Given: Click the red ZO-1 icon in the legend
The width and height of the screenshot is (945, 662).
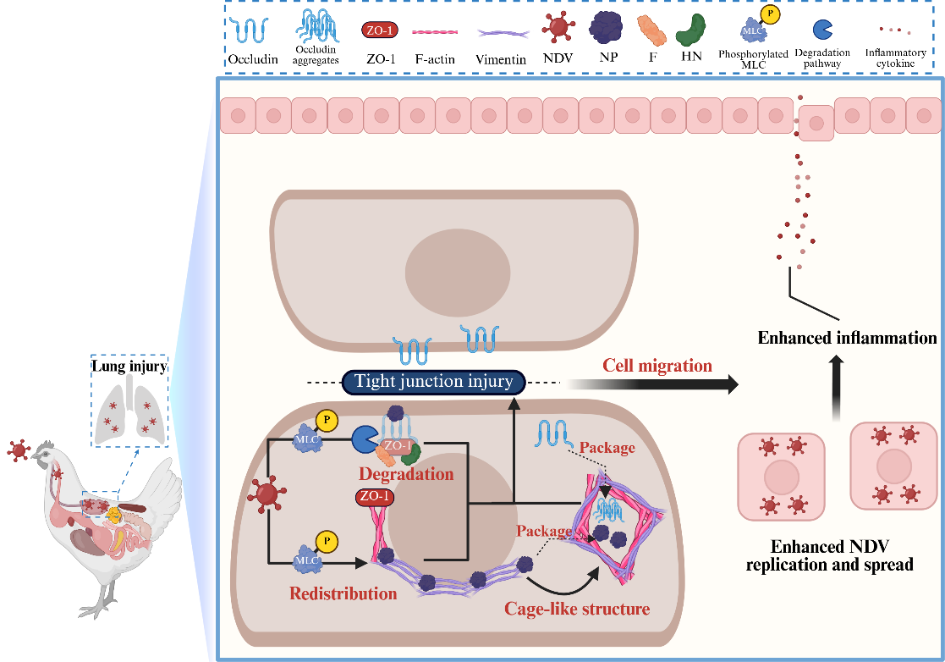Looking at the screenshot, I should (380, 30).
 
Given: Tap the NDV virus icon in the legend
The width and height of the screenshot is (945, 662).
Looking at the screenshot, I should (558, 28).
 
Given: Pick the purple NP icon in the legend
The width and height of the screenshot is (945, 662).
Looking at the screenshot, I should (607, 28).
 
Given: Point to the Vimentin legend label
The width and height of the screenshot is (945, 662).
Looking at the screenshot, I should (501, 60).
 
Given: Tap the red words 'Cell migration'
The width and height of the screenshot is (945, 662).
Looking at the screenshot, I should (657, 367).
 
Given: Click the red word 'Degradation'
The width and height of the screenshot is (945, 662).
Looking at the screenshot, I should (406, 474).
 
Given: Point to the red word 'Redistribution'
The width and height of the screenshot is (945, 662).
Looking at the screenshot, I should (343, 593).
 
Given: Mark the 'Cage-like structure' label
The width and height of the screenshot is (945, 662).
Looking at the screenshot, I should (577, 609).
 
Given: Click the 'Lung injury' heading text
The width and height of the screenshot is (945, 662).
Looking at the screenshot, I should (129, 367).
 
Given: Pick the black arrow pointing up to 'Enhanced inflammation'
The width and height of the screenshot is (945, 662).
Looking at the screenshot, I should (836, 386).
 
